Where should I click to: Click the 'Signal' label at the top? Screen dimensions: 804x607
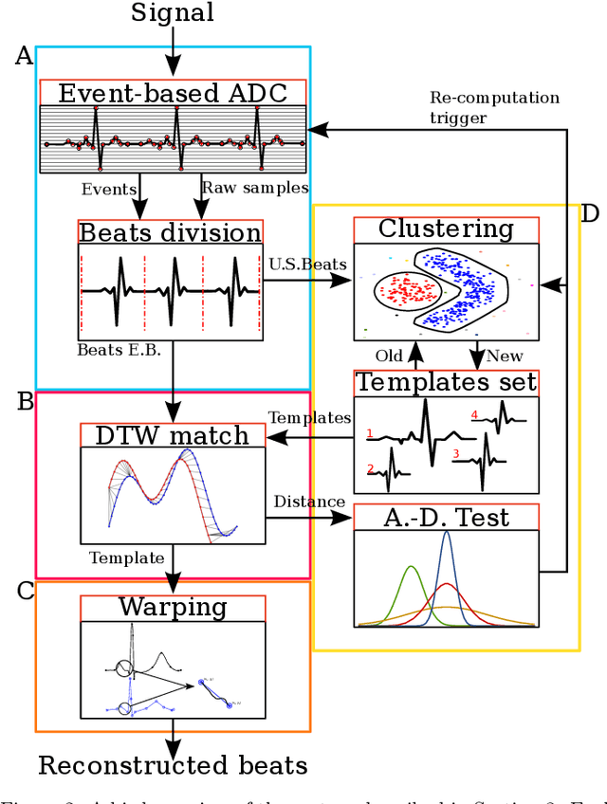pos(173,13)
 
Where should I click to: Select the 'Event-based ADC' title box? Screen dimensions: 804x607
pos(173,93)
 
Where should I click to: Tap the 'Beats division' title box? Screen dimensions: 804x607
pos(170,232)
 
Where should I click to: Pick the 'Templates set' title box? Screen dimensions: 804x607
pos(446,382)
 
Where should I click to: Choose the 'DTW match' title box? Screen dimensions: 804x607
pos(173,435)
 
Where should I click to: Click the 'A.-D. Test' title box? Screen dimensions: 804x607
pos(446,518)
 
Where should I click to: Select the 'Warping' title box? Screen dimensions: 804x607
pos(173,607)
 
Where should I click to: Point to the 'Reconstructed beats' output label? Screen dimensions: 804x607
pos(173,764)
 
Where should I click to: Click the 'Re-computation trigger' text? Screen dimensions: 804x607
pos(494,106)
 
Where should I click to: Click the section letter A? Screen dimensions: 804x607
pos(24,57)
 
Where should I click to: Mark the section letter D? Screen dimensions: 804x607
pos(589,213)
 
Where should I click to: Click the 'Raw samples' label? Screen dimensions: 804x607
pos(242,189)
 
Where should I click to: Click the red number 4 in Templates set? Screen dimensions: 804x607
pos(474,415)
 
